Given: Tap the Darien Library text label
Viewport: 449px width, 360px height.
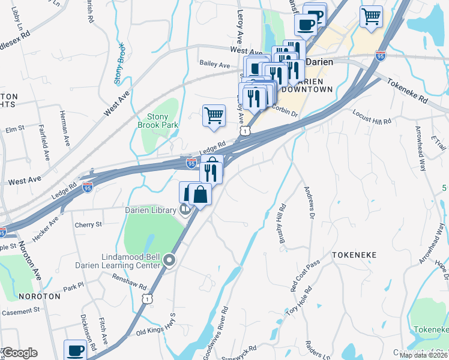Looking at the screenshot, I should pos(150,210).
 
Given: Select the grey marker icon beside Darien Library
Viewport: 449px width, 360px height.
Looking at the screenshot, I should pos(185,209).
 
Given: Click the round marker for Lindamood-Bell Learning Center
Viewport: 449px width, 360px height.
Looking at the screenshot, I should pos(169,260).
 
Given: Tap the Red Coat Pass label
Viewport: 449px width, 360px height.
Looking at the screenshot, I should pos(304,276).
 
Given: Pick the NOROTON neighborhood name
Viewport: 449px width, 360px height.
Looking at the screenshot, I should pos(40,296).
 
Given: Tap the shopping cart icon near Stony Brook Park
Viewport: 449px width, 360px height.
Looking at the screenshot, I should pos(214,115).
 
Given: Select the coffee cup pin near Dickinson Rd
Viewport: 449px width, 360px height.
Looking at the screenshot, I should pos(76,350).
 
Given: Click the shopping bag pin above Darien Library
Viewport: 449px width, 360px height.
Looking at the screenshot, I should pos(201,194).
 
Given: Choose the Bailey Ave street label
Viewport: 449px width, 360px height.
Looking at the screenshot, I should pos(215,65).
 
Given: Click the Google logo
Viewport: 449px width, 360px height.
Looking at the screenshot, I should pos(20,353).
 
